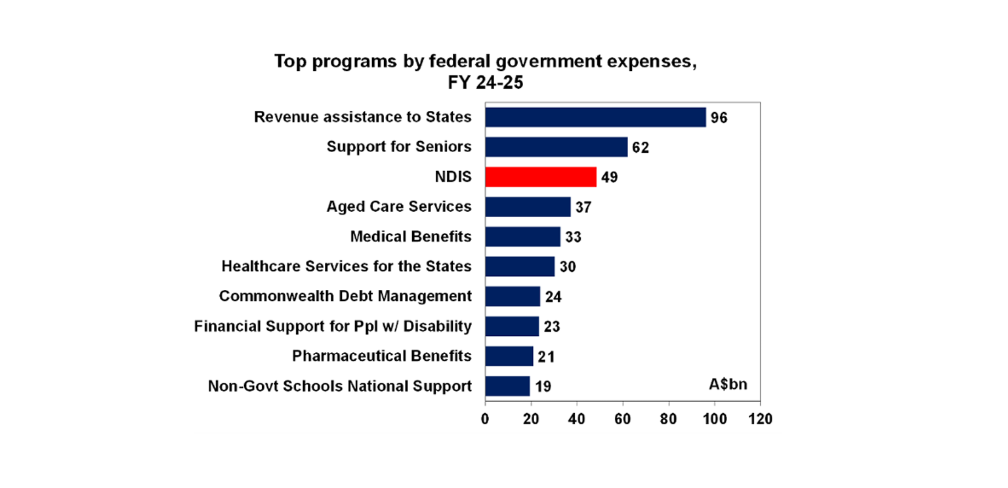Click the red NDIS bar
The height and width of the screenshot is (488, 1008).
click(540, 176)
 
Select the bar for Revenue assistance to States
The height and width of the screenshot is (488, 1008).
click(595, 117)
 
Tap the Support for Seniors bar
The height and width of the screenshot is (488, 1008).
click(556, 147)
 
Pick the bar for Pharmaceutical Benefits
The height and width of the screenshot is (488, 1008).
click(509, 356)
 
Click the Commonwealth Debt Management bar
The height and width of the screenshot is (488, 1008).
click(512, 296)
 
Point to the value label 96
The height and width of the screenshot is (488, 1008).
click(719, 118)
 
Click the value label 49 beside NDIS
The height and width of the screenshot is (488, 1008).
click(609, 177)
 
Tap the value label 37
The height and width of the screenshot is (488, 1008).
click(583, 207)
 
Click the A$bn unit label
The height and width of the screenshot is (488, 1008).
click(727, 384)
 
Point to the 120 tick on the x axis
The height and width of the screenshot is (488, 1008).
click(760, 419)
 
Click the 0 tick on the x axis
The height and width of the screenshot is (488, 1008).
click(485, 419)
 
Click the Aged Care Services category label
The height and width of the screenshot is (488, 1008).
click(399, 207)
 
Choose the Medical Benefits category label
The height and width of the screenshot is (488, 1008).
click(411, 236)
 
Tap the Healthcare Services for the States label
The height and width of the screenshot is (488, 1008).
click(346, 266)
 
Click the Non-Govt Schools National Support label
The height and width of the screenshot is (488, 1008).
click(339, 386)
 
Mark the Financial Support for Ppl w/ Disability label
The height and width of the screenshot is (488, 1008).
click(333, 326)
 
